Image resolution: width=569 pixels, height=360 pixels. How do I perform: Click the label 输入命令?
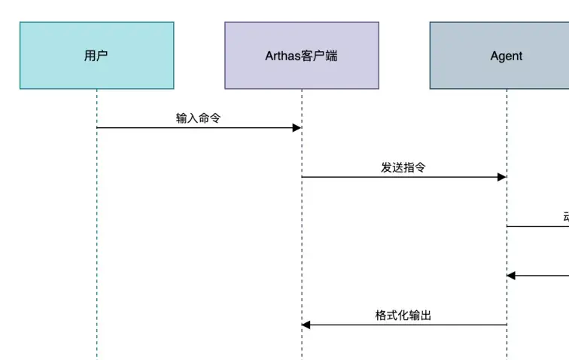[198, 118]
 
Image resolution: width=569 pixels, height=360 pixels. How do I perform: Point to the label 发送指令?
[403, 167]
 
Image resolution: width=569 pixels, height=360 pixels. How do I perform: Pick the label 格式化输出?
[403, 316]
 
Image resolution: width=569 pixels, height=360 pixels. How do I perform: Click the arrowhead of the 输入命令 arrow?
[297, 128]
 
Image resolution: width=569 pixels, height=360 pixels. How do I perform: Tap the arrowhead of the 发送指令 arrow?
[501, 177]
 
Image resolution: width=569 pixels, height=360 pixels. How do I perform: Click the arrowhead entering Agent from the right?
[512, 276]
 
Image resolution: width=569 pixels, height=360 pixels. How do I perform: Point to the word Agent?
[506, 56]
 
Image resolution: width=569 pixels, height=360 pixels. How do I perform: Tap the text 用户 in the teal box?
[96, 56]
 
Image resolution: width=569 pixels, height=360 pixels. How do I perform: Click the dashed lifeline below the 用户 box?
[97, 226]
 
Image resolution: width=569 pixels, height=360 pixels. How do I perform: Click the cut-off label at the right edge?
[565, 217]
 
